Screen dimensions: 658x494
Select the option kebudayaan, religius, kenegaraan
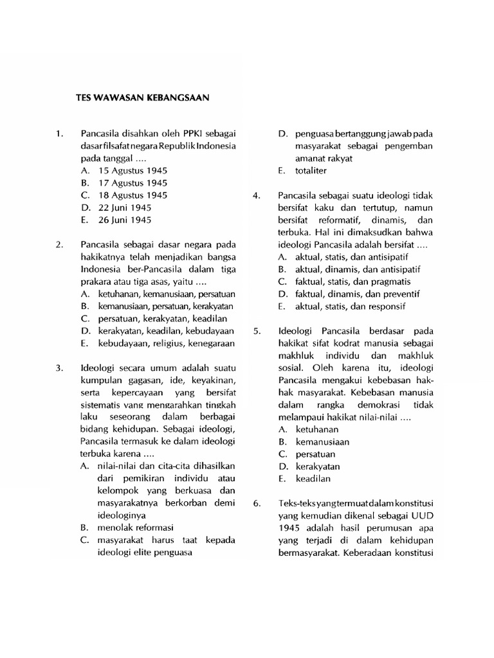pos(158,343)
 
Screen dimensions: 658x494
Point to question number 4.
pos(256,195)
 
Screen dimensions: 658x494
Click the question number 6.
pos(256,503)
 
